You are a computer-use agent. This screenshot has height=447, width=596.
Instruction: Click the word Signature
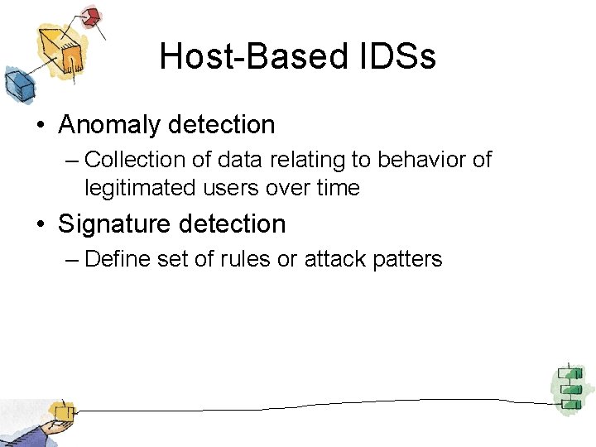[110, 224]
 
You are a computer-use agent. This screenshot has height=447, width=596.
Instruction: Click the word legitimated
[139, 188]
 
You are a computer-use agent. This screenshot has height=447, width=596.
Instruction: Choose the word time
[337, 188]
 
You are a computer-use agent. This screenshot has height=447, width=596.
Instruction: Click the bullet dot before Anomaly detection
[40, 126]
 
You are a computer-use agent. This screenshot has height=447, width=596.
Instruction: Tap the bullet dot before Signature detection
[40, 225]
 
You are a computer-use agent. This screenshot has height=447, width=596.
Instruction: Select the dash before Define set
[71, 259]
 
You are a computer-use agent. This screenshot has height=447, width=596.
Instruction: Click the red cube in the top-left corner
[92, 16]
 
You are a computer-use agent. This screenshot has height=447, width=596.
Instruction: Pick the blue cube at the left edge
[16, 84]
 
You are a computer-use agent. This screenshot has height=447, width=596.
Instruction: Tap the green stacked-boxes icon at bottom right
[567, 386]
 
